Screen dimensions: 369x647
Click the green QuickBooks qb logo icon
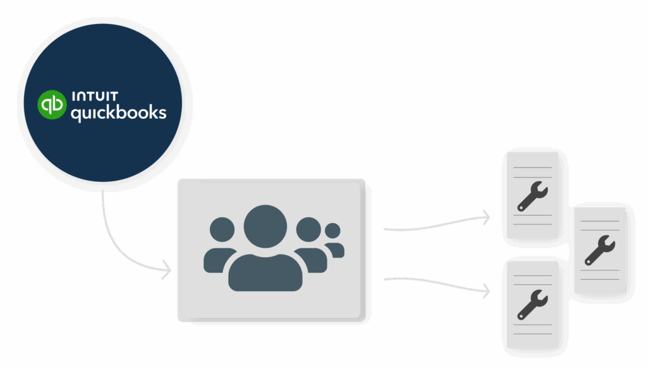point(52,104)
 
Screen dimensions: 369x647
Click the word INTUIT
point(95,97)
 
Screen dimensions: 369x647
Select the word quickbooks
point(118,114)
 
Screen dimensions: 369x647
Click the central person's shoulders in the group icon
point(265,272)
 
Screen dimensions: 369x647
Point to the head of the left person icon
point(222,229)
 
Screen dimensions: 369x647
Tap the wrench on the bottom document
point(533,304)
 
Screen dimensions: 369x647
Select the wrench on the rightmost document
point(599,250)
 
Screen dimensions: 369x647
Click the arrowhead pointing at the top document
point(487,217)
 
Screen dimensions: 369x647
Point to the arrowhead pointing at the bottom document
point(487,291)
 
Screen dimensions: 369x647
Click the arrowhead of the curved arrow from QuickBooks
point(167,272)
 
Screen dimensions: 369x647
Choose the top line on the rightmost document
point(599,221)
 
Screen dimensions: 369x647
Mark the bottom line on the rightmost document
point(599,279)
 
